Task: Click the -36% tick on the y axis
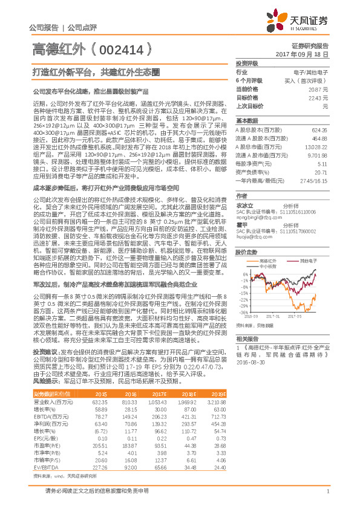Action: tap(242, 313)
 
